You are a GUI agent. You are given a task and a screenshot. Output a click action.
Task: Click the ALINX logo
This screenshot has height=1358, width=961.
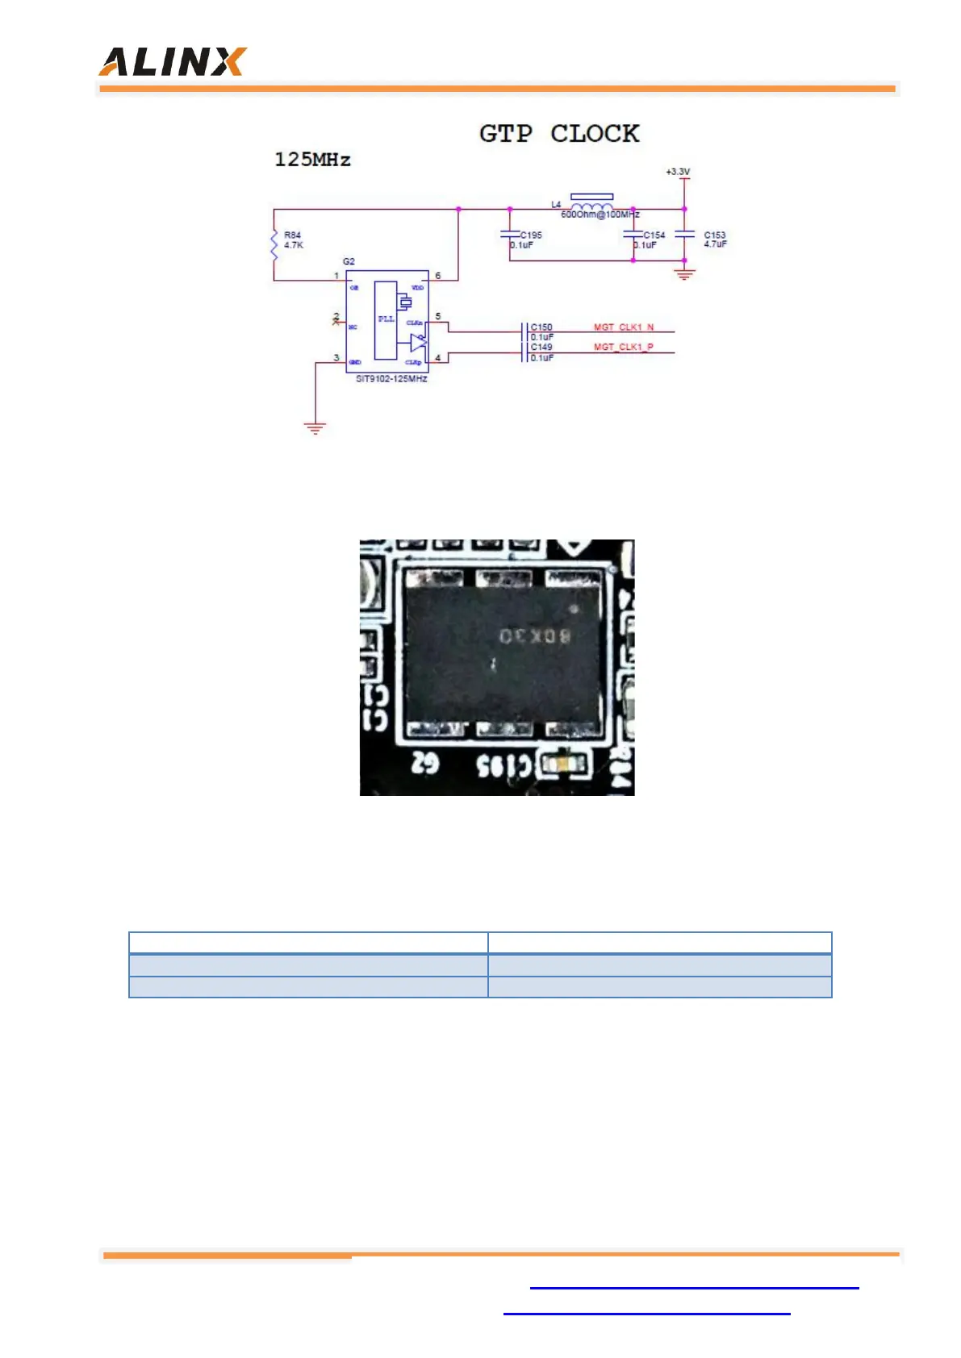(x=172, y=62)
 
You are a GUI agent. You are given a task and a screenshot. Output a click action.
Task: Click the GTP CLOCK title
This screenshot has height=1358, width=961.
(x=558, y=134)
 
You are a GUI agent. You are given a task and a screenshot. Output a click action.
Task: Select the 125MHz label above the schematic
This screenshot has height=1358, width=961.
(x=312, y=160)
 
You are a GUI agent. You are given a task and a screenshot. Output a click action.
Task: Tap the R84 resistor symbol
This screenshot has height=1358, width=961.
(x=274, y=244)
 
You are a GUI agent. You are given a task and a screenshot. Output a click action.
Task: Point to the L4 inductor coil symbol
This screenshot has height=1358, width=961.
(x=591, y=207)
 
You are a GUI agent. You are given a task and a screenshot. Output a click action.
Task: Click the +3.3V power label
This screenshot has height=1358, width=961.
(x=678, y=172)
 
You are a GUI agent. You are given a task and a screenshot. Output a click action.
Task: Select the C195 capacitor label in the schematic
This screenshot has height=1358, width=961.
(x=531, y=235)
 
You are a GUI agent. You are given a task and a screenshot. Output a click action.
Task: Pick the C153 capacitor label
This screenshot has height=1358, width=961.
(x=715, y=235)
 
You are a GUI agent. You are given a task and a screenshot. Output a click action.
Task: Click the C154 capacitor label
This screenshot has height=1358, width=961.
(x=654, y=235)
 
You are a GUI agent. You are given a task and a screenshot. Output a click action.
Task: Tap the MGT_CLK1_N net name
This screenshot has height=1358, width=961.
(x=624, y=327)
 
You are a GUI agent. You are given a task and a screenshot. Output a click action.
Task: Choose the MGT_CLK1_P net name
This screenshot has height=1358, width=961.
(x=624, y=347)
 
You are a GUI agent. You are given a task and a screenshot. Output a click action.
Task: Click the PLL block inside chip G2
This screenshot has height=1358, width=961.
(x=386, y=319)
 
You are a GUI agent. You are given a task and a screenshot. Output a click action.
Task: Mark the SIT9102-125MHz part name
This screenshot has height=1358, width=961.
(x=391, y=379)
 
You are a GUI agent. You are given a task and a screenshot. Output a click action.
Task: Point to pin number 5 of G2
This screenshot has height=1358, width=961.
(x=438, y=316)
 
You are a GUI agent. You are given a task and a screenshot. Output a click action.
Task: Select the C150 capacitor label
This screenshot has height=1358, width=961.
(x=541, y=327)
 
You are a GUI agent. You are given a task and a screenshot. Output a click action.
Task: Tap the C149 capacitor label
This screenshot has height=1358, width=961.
(x=541, y=347)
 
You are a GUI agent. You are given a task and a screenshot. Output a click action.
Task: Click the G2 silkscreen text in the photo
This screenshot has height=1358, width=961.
(x=425, y=763)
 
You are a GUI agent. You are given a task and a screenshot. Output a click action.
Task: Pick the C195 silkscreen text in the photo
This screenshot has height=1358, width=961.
(x=503, y=765)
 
